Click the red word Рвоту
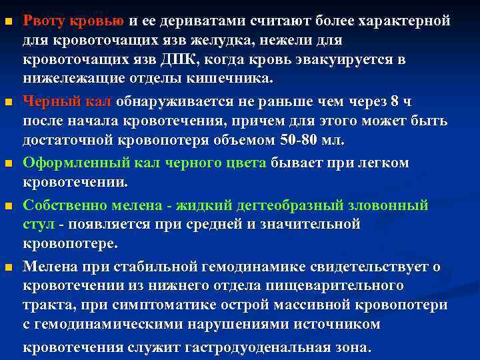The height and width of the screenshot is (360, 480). (x=43, y=23)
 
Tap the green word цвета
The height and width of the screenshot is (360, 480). (x=245, y=163)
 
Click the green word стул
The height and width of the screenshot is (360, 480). (x=37, y=224)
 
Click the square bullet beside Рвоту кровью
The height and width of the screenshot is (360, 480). (x=7, y=23)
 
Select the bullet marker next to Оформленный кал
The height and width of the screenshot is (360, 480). (x=7, y=164)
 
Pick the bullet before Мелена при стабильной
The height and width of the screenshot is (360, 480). (x=7, y=267)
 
